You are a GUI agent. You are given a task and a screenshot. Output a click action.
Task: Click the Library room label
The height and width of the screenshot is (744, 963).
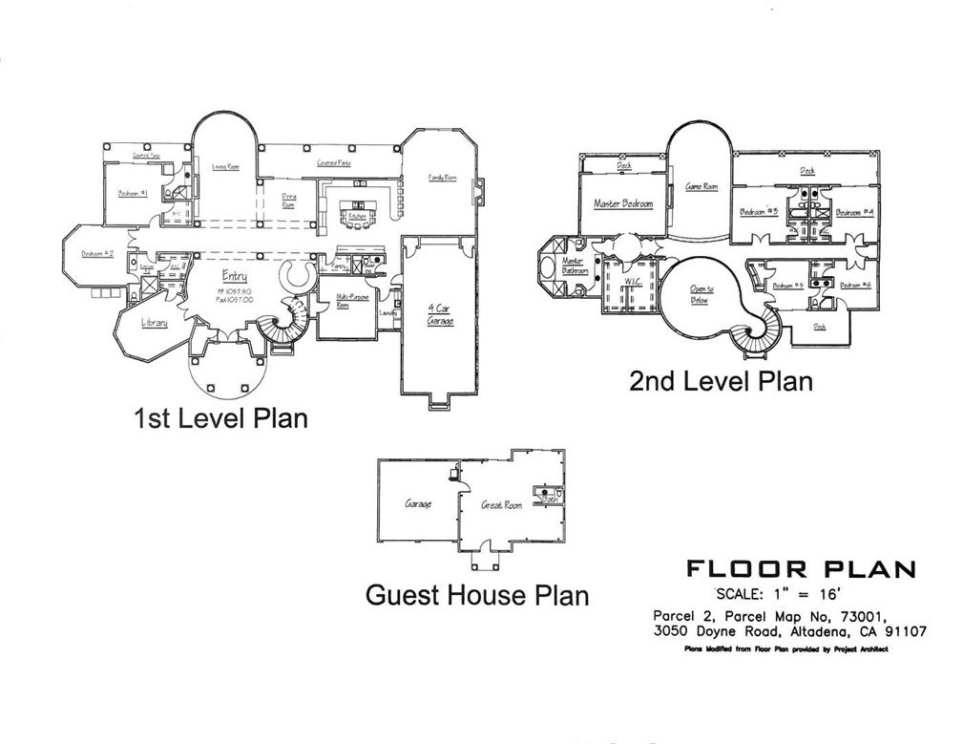(x=155, y=323)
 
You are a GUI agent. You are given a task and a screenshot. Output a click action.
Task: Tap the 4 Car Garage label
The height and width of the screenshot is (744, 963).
(x=441, y=314)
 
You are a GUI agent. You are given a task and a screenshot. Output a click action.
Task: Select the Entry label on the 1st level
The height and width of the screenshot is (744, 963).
(x=235, y=277)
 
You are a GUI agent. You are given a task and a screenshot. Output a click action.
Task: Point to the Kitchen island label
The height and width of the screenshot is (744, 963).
(x=357, y=217)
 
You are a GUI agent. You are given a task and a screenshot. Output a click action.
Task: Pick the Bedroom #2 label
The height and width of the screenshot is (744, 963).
(x=97, y=253)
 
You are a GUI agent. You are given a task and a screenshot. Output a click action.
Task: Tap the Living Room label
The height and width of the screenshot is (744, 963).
(x=225, y=166)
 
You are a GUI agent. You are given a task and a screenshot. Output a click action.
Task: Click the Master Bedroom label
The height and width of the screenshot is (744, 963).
(x=623, y=204)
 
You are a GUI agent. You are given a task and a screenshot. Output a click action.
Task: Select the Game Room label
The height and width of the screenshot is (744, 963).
(x=701, y=187)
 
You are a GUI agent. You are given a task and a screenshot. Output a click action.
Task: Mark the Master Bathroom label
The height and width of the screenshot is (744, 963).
(x=573, y=265)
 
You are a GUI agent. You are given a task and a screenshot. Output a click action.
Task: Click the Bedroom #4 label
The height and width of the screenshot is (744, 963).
(x=855, y=213)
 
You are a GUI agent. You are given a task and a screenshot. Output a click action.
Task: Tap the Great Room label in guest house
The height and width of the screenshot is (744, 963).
(x=502, y=504)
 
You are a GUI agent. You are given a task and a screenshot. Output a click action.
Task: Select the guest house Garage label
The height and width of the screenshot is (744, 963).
(x=418, y=503)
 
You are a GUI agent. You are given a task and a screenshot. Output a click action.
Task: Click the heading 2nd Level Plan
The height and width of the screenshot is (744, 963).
(x=721, y=382)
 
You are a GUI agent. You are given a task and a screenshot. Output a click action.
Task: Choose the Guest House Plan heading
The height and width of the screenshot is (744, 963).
(x=477, y=595)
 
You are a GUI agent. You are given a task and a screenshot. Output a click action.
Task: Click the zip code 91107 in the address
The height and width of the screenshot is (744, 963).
(x=903, y=631)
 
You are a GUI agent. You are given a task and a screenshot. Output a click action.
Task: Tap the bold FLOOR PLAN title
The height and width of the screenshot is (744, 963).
(x=801, y=569)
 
